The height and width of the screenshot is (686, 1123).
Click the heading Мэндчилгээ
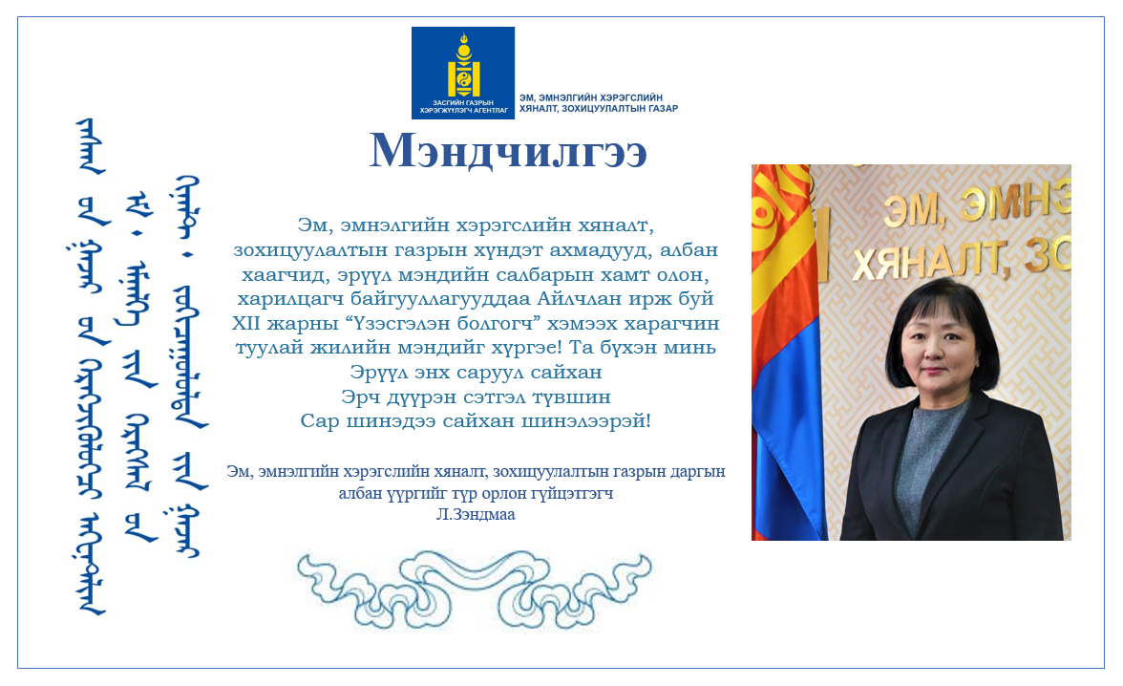click(508, 152)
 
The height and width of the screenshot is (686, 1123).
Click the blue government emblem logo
click(462, 73)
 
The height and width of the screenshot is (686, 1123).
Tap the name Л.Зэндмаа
click(476, 515)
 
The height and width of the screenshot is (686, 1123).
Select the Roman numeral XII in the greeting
click(246, 323)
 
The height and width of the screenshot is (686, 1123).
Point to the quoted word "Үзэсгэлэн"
click(400, 323)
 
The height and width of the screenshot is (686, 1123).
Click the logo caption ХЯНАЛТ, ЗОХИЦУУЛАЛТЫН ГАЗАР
click(599, 109)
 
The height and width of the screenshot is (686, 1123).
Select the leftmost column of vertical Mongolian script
click(92, 367)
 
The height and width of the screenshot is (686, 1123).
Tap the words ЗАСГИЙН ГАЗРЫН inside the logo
click(462, 103)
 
